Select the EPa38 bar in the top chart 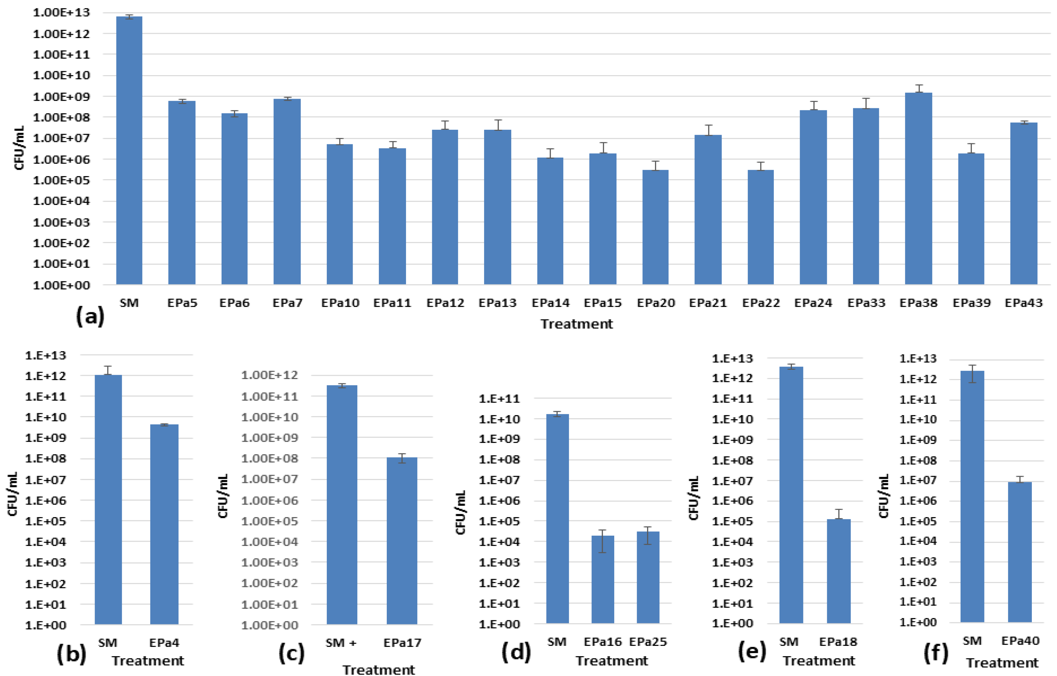click(x=918, y=189)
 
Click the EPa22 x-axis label click(x=761, y=303)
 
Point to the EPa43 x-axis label click(x=1023, y=303)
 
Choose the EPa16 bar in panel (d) click(x=603, y=579)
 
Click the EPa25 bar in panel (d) click(x=648, y=577)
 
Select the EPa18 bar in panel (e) click(x=838, y=571)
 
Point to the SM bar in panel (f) click(x=972, y=496)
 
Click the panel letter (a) click(x=90, y=316)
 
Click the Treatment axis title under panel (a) click(x=576, y=324)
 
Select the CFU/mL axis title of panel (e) click(x=693, y=498)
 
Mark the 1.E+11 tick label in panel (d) click(x=499, y=399)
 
